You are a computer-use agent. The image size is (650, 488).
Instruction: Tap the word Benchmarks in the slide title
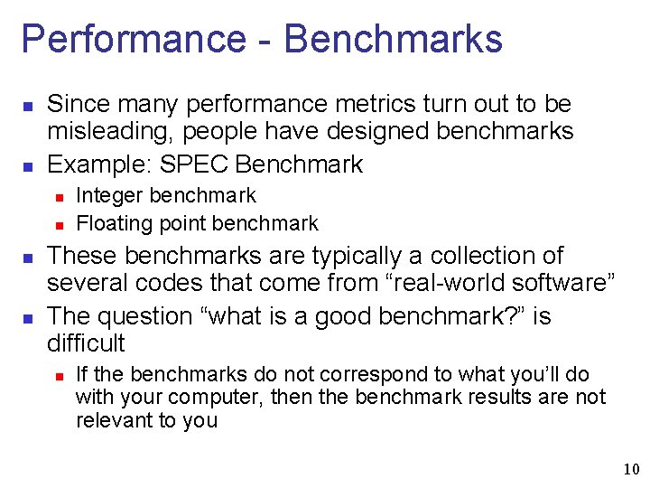[x=393, y=40]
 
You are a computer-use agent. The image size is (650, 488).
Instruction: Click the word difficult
[x=86, y=343]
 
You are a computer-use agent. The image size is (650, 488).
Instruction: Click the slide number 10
[x=630, y=469]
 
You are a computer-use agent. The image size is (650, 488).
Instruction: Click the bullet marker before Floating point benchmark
[x=57, y=224]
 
